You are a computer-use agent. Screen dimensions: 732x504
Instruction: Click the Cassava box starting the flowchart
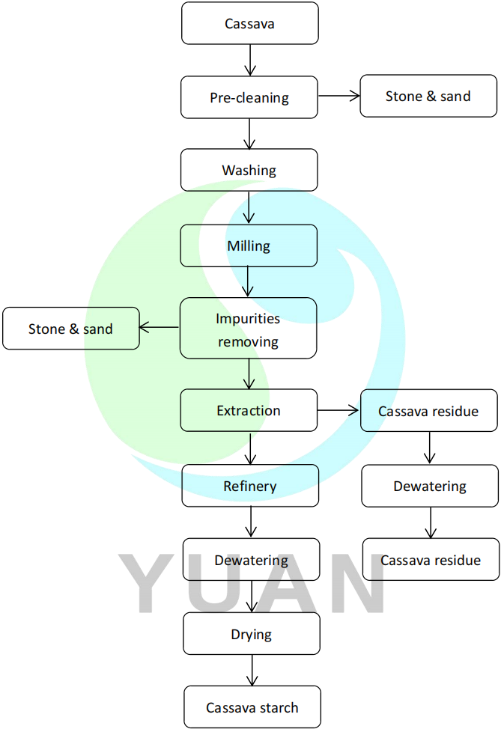tap(249, 23)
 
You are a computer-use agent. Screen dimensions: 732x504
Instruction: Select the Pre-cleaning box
tap(249, 97)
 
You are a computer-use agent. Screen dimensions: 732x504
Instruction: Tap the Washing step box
tap(249, 170)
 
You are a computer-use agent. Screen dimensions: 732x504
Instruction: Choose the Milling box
tap(249, 245)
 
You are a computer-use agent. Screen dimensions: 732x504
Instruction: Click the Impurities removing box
tap(248, 329)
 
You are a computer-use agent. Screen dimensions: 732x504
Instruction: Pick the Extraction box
tap(249, 410)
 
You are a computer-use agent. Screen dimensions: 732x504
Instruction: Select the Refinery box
tap(250, 486)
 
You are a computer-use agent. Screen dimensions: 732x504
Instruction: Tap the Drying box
tap(252, 634)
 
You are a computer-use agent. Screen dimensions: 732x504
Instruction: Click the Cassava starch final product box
tap(252, 707)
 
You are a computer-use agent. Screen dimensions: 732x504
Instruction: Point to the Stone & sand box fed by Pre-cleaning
tap(428, 96)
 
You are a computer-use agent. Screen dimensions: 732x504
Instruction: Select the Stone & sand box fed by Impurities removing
tap(71, 329)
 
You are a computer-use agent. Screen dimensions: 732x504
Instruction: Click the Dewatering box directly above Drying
tap(252, 560)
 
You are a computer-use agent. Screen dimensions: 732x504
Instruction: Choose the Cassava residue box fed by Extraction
tap(428, 411)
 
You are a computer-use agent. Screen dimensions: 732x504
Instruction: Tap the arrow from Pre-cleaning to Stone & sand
tap(339, 96)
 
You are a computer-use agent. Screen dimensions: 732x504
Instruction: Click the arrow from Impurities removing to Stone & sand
tap(160, 327)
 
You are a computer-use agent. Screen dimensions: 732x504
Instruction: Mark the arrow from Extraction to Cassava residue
tap(339, 410)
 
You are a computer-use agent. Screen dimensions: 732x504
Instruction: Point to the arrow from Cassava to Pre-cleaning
tap(250, 60)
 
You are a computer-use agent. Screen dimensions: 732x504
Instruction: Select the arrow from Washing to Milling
tap(250, 208)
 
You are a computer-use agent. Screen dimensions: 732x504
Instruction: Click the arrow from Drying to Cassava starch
tap(252, 671)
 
